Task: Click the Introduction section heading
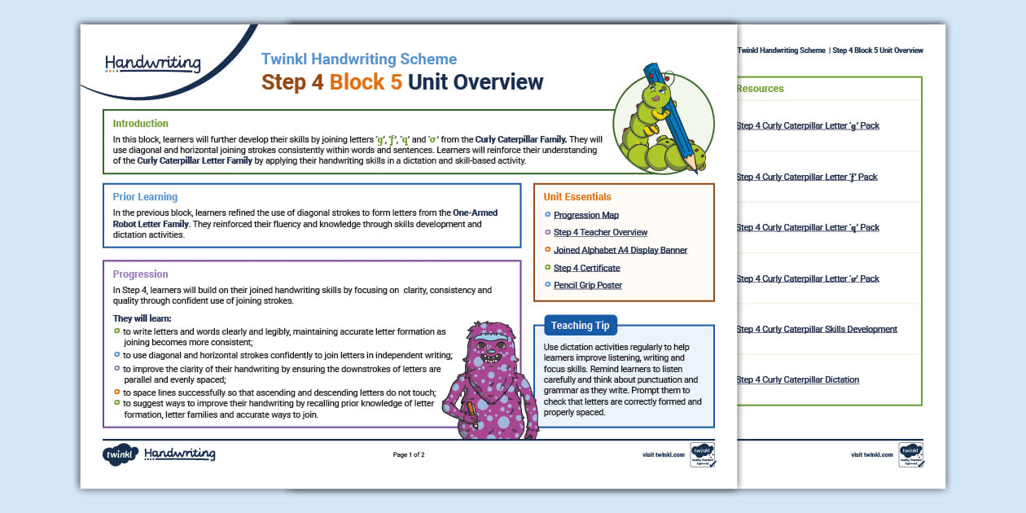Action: tap(141, 124)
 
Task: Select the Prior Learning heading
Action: tap(145, 197)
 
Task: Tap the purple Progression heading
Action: tap(141, 274)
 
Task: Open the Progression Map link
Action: tap(586, 216)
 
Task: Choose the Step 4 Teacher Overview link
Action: tap(601, 233)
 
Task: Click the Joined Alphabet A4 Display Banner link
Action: tap(620, 251)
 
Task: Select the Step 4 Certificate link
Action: tap(587, 268)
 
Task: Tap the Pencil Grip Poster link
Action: tap(588, 286)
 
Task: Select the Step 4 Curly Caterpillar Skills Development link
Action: tap(817, 330)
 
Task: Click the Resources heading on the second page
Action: tap(760, 89)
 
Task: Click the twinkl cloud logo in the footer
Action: tap(120, 454)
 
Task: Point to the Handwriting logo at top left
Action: tap(152, 64)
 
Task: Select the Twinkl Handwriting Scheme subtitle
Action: tap(359, 59)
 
